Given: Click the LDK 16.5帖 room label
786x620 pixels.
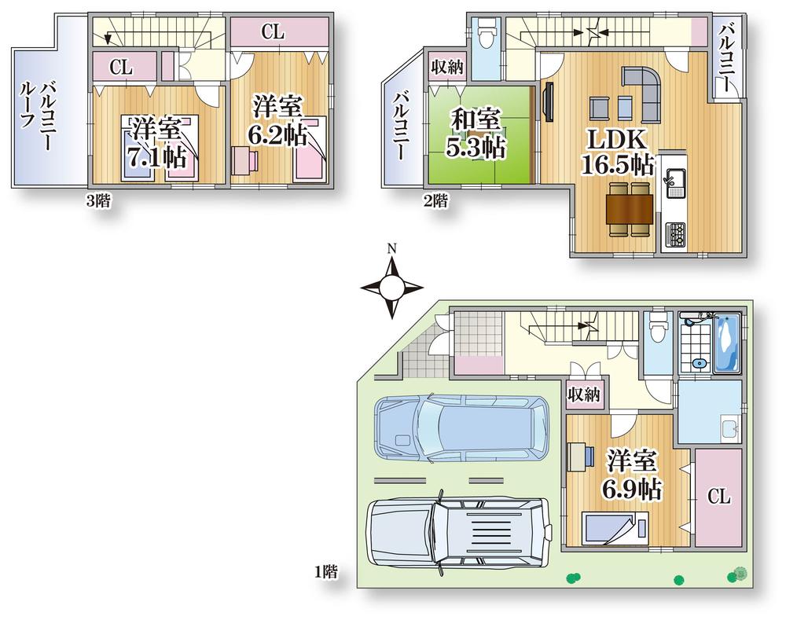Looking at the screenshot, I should [617, 152].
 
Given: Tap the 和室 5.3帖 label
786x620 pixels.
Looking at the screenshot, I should [477, 134].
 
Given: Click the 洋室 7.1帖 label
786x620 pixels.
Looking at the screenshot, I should [157, 141].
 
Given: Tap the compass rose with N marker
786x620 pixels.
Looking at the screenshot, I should [391, 287].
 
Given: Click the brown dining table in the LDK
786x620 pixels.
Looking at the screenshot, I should [629, 209].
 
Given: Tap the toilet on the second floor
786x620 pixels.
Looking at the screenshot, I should [487, 35].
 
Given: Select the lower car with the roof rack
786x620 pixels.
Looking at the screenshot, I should [459, 532].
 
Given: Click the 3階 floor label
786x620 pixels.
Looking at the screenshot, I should [98, 200].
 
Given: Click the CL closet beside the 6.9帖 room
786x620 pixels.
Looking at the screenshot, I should [719, 497].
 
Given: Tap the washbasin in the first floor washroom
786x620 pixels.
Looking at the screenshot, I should [730, 428].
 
